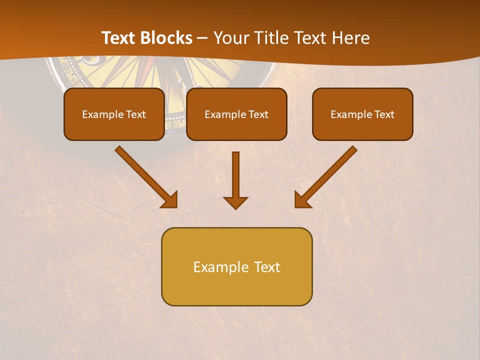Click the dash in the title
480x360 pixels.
202,38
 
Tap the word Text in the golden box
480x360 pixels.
266,267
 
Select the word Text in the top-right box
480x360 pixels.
384,114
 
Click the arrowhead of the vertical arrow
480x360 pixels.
235,202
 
